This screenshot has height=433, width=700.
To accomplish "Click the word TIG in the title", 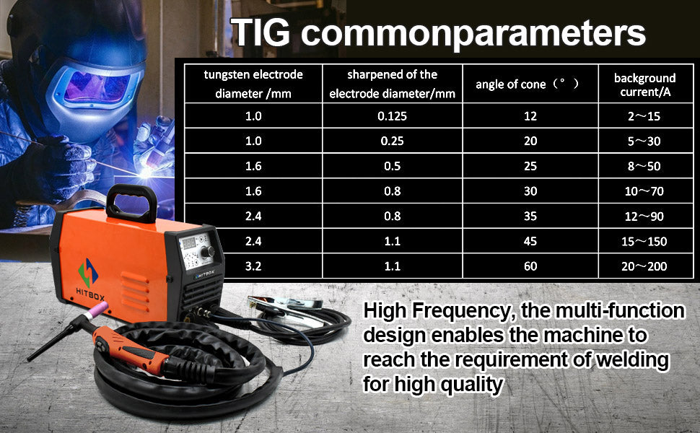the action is pyautogui.click(x=261, y=32).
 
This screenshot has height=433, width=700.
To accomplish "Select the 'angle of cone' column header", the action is pyautogui.click(x=527, y=84).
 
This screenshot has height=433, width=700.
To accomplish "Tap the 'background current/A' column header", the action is pyautogui.click(x=644, y=85).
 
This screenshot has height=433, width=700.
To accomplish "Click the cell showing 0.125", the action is pyautogui.click(x=392, y=116).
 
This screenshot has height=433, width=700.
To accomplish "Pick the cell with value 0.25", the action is pyautogui.click(x=392, y=141).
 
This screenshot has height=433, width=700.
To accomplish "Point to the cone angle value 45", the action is pyautogui.click(x=530, y=241).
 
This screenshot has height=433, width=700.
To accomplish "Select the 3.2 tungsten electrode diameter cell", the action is pyautogui.click(x=253, y=266).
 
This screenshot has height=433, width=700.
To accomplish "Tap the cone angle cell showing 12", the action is pyautogui.click(x=530, y=116).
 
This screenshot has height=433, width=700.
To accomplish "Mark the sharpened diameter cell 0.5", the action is pyautogui.click(x=392, y=166).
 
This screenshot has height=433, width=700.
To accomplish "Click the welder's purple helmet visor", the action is pyautogui.click(x=97, y=87).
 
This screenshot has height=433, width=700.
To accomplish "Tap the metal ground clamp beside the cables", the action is pyautogui.click(x=286, y=308).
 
